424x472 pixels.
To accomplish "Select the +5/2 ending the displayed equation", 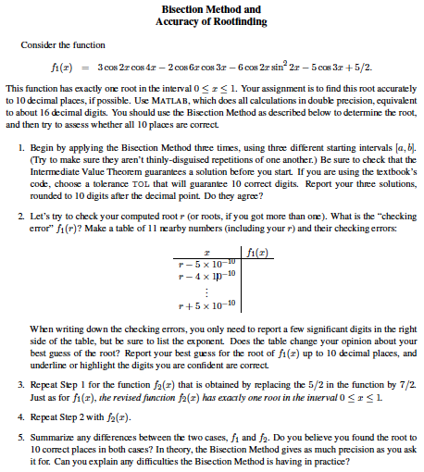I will tap(361, 68).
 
